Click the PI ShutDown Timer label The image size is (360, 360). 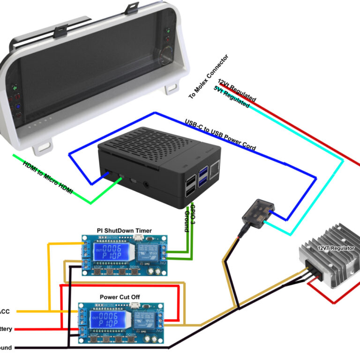(127, 230)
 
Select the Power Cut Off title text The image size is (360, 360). (120, 297)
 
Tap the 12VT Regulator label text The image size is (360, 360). (336, 248)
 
